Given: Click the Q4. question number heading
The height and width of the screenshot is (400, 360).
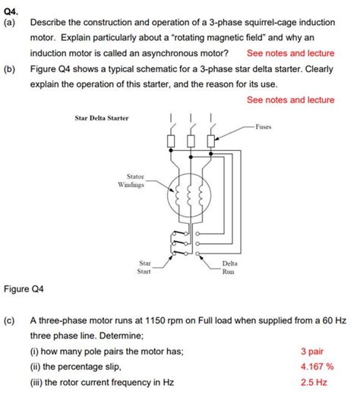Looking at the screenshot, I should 11,9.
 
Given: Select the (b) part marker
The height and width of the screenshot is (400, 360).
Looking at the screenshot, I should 10,69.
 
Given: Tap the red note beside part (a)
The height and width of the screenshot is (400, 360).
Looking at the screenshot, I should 290,54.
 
